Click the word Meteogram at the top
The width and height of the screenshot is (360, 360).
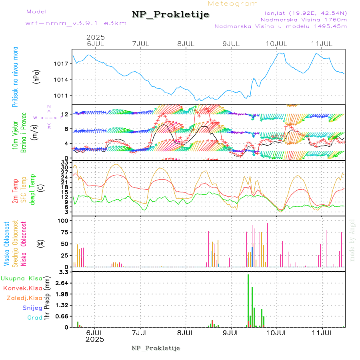(x=233, y=4)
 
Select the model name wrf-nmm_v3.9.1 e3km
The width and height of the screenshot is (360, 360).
(x=76, y=23)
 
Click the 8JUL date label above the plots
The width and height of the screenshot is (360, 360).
(x=186, y=43)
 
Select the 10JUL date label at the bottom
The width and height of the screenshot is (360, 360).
(x=276, y=332)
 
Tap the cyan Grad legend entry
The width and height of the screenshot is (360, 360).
(x=35, y=318)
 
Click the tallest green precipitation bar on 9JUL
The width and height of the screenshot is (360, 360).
(x=248, y=300)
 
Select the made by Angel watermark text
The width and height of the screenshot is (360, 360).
(x=352, y=240)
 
